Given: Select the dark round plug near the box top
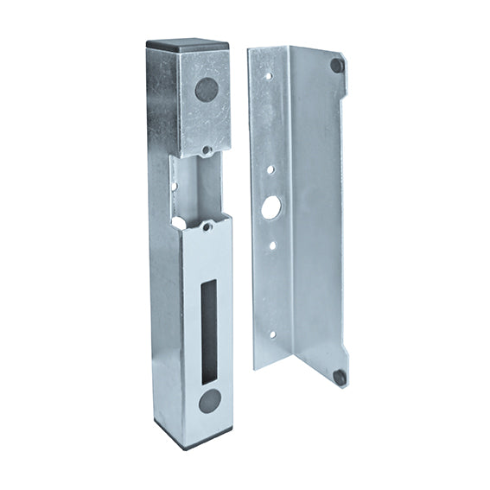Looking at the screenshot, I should coord(207,89).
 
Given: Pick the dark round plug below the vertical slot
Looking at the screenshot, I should coord(209,400).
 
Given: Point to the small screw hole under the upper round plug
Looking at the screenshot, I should coord(206,150).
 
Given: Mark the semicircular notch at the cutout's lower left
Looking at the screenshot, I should coord(177,223).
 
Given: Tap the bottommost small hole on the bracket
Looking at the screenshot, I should coord(271,334).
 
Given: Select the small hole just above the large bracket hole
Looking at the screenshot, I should coord(270,170).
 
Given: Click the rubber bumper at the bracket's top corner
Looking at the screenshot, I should coord(337,65).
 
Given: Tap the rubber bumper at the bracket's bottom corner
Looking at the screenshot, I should coord(340,377).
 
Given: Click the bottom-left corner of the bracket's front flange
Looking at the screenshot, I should coord(255,367).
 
